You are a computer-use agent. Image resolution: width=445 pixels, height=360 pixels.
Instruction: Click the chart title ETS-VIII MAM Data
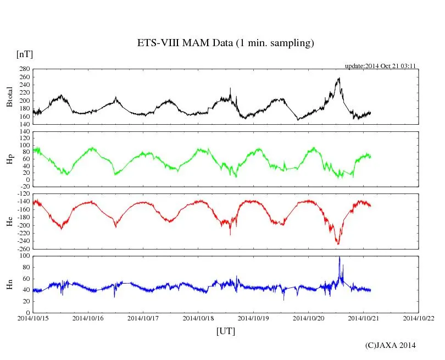click(x=225, y=43)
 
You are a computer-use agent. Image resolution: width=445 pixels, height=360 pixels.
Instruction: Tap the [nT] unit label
click(x=25, y=54)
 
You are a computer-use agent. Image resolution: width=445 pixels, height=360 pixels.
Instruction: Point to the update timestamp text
click(x=380, y=66)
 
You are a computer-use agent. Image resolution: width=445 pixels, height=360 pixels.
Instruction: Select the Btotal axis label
click(x=9, y=97)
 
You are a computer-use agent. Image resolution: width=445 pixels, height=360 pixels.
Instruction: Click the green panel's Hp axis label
click(x=9, y=160)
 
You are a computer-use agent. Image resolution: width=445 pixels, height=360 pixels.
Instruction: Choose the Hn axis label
click(x=9, y=284)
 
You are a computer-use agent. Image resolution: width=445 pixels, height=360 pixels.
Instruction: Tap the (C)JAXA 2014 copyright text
click(x=390, y=345)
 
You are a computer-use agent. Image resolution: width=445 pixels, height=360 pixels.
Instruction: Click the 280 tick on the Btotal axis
click(x=24, y=69)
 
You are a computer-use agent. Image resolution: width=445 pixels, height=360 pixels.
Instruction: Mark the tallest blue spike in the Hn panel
click(x=340, y=257)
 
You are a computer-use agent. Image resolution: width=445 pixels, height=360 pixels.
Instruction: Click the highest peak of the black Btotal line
click(x=339, y=78)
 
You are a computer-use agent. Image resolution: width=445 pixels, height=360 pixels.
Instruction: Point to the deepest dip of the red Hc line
click(x=338, y=243)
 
